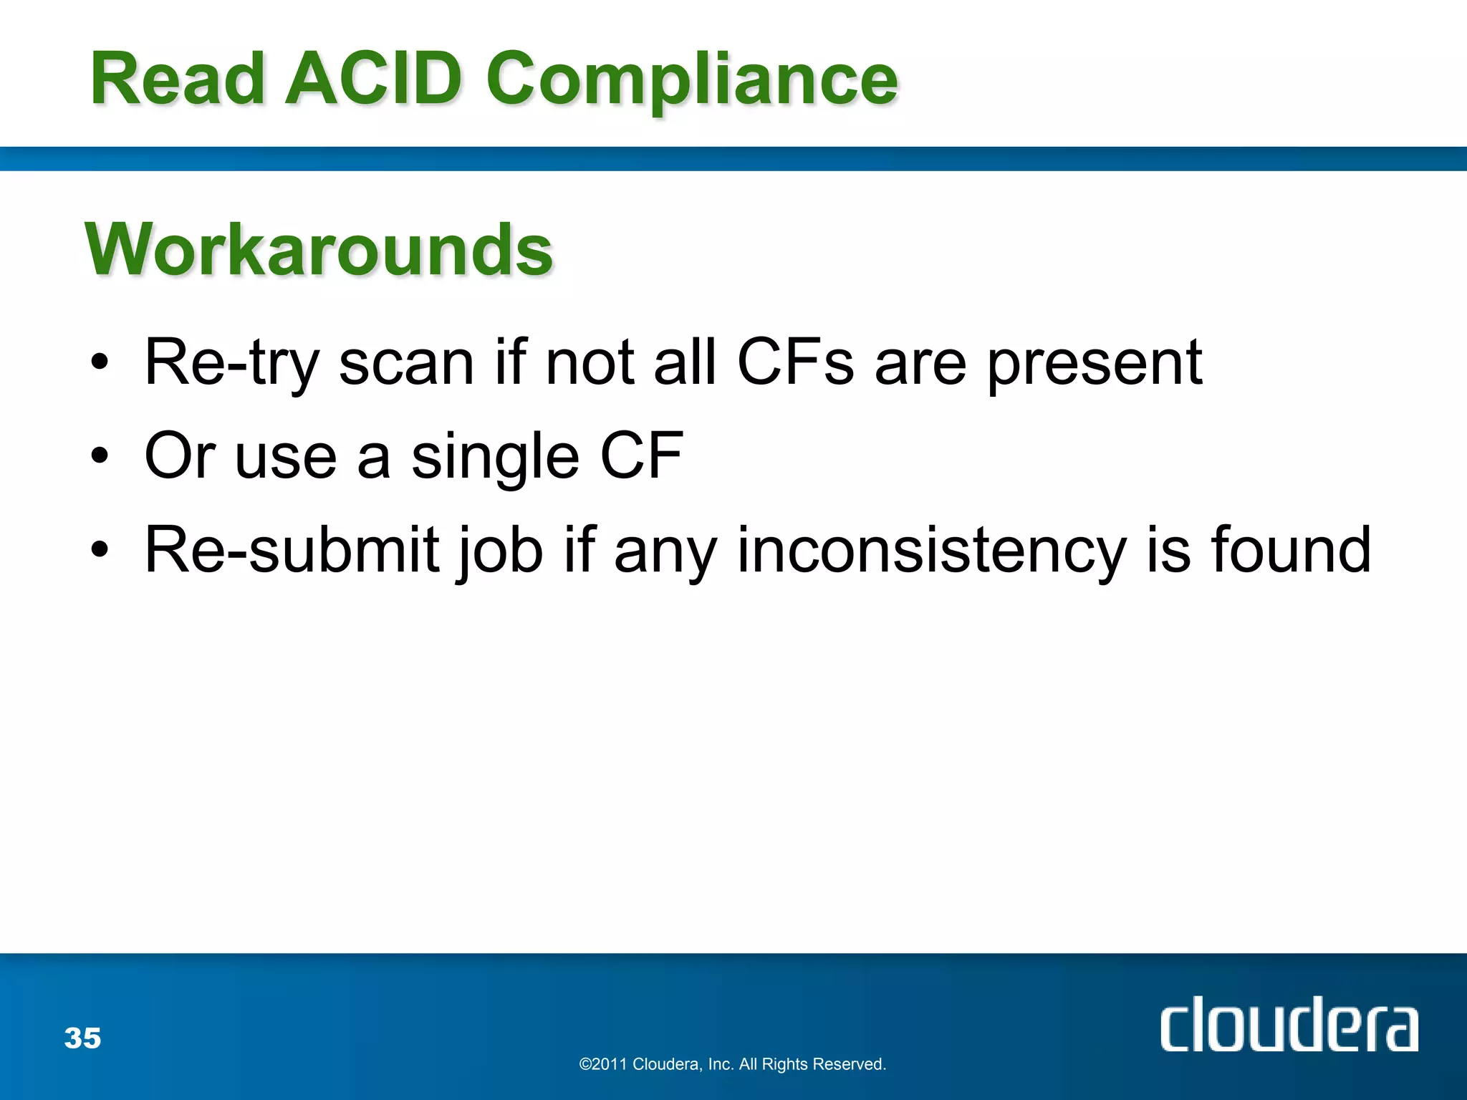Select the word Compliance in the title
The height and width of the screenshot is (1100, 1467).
[x=691, y=80]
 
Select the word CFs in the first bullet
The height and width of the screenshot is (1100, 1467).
[x=795, y=362]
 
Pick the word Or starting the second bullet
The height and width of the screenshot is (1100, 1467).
[x=180, y=455]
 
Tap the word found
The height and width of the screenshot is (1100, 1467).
[x=1291, y=549]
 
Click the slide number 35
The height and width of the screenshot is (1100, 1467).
[x=82, y=1038]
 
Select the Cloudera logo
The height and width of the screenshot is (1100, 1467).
[x=1289, y=1025]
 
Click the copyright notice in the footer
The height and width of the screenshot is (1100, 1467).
[x=732, y=1064]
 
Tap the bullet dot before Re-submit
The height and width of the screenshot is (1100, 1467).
[x=100, y=551]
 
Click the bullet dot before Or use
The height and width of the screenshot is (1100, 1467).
[x=100, y=457]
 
